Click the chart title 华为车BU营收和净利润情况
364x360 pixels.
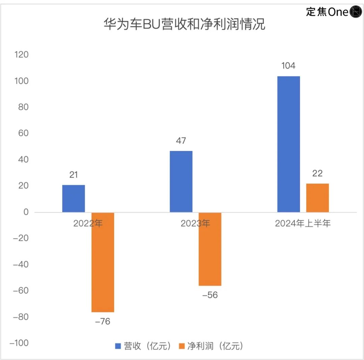click(184, 25)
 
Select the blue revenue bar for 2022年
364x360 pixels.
click(73, 198)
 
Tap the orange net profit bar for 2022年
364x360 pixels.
click(103, 262)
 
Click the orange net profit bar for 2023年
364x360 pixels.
click(210, 249)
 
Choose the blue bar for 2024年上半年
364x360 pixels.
click(289, 144)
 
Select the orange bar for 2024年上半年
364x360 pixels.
click(317, 198)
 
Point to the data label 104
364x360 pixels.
click(289, 66)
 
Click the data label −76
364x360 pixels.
click(102, 322)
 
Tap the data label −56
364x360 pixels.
click(210, 295)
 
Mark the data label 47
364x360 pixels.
click(181, 140)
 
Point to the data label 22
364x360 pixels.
click(317, 173)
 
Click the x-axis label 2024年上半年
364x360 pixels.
click(303, 224)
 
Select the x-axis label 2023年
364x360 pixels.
click(195, 224)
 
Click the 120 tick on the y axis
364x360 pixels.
click(22, 55)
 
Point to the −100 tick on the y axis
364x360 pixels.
click(19, 343)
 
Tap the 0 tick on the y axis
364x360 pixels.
click(26, 212)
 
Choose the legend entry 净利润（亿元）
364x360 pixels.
click(211, 346)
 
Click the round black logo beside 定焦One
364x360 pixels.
click(356, 12)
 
